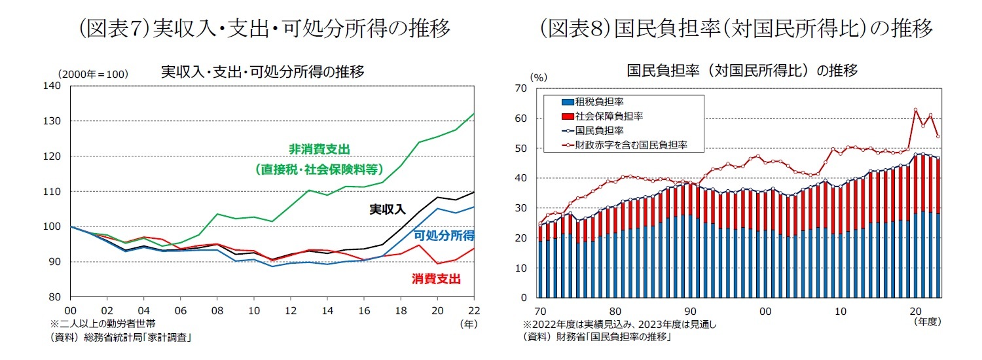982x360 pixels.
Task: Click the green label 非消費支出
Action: pos(319,149)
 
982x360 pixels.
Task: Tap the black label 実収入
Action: pos(388,210)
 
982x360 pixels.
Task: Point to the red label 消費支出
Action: pos(436,279)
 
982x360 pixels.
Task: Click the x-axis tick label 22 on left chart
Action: pos(474,310)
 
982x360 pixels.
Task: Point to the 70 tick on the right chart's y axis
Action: pos(521,88)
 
